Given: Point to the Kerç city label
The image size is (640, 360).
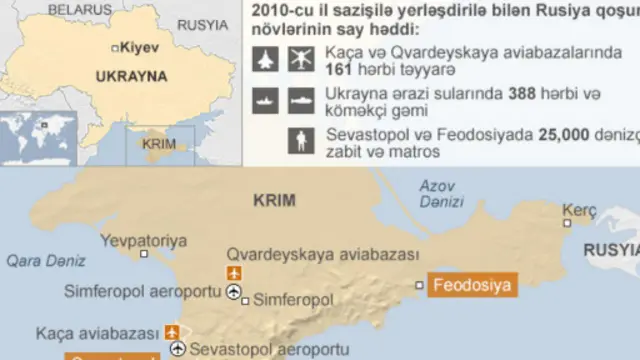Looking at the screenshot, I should pos(578,210).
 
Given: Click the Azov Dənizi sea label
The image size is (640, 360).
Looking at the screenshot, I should pos(443,193).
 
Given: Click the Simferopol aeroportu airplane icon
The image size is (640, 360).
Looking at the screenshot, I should pos(236,293).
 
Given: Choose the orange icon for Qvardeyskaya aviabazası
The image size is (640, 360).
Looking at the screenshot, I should pos(236,273).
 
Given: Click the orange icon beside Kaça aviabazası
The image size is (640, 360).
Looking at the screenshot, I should pos(173,331).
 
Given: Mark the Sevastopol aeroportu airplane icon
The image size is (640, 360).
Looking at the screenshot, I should pos(177,349).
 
